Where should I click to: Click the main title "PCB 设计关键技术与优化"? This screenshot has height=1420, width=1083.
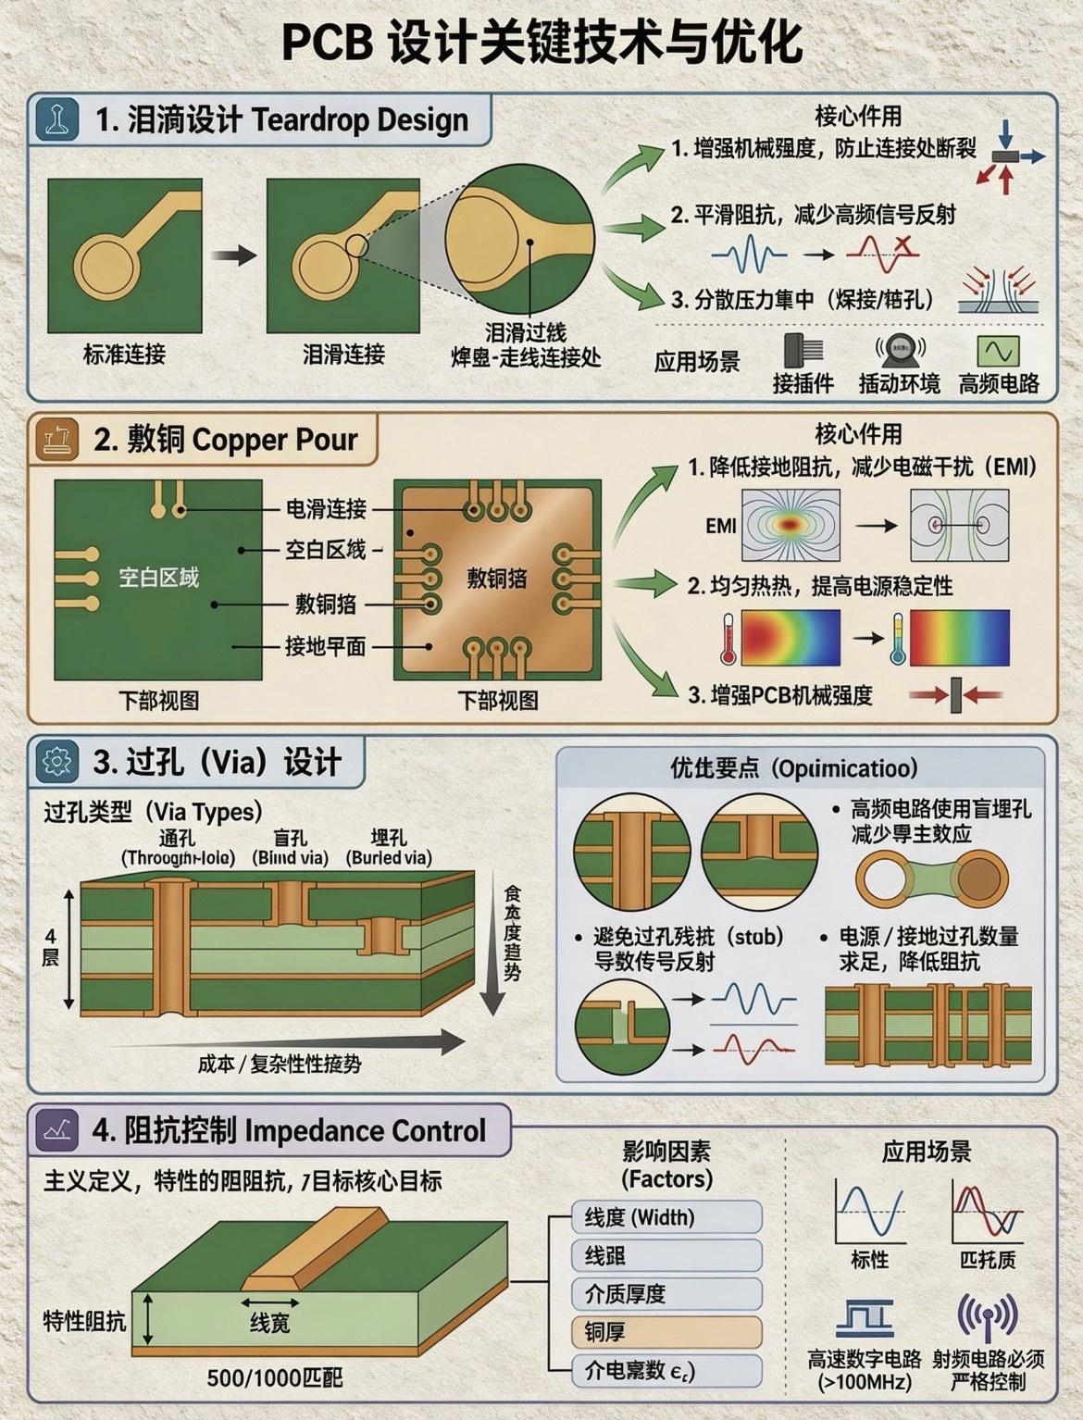pyautogui.click(x=541, y=43)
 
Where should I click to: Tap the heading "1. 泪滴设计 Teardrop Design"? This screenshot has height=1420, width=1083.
pyautogui.click(x=281, y=119)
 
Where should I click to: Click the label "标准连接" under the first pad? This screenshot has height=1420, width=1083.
pyautogui.click(x=124, y=354)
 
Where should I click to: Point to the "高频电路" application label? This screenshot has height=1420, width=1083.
pyautogui.click(x=999, y=383)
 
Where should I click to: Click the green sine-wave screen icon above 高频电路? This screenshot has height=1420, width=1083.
pyautogui.click(x=999, y=351)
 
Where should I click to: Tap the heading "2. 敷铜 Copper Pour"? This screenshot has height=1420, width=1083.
pyautogui.click(x=225, y=439)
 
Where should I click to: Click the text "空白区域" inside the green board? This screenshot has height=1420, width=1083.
pyautogui.click(x=158, y=578)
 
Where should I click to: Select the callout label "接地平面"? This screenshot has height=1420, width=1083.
pyautogui.click(x=325, y=646)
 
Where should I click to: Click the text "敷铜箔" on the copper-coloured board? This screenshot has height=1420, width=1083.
pyautogui.click(x=497, y=579)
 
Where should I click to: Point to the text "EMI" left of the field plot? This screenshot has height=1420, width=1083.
pyautogui.click(x=721, y=526)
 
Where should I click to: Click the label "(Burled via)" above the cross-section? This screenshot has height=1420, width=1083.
pyautogui.click(x=389, y=858)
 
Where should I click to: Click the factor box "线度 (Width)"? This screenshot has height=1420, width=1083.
pyautogui.click(x=667, y=1217)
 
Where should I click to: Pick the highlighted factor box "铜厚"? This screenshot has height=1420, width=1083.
pyautogui.click(x=667, y=1331)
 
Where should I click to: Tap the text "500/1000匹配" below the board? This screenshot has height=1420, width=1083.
pyautogui.click(x=274, y=1377)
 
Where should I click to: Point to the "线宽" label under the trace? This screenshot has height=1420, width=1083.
pyautogui.click(x=269, y=1324)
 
